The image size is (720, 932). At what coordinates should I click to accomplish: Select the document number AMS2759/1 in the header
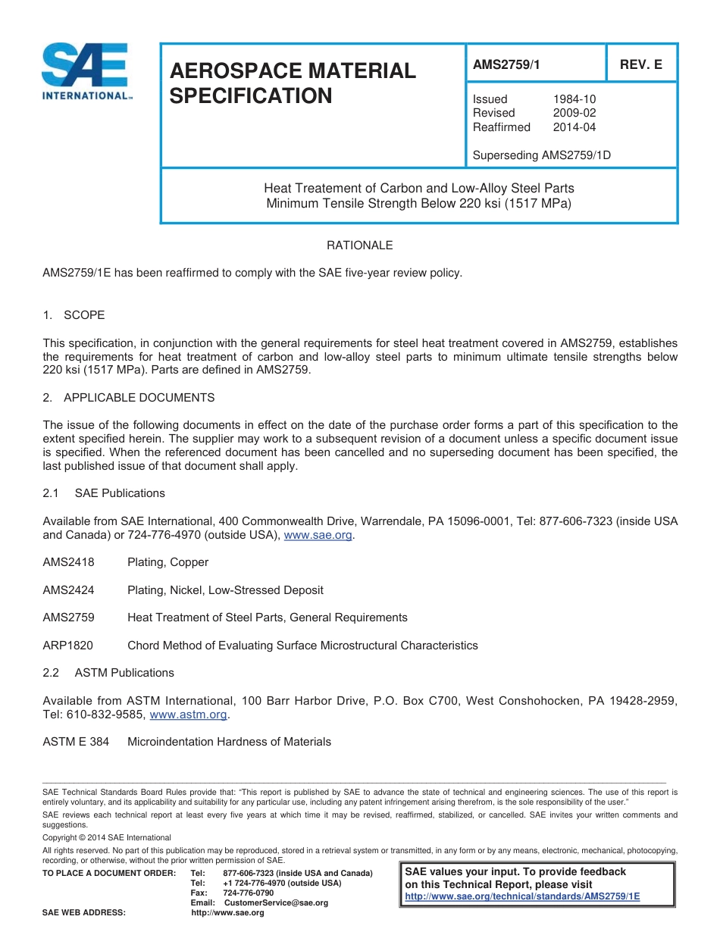506,65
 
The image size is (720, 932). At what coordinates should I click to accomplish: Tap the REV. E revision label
640,65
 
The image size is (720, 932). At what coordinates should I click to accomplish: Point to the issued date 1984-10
574,99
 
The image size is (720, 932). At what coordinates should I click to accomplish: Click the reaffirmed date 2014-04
574,127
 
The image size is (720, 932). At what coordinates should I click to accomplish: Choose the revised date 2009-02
574,113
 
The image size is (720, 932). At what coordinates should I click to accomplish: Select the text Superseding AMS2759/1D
541,155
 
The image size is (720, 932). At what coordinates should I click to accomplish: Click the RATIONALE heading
359,246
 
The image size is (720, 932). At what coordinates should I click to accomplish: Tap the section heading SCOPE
84,314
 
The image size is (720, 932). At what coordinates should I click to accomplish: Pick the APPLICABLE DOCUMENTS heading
139,397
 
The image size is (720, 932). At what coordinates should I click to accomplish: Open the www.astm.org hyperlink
189,714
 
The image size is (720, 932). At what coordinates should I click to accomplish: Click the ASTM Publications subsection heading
124,673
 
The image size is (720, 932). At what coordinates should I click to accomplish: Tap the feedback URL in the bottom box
522,896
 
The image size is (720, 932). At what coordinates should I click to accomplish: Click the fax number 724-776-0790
249,893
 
